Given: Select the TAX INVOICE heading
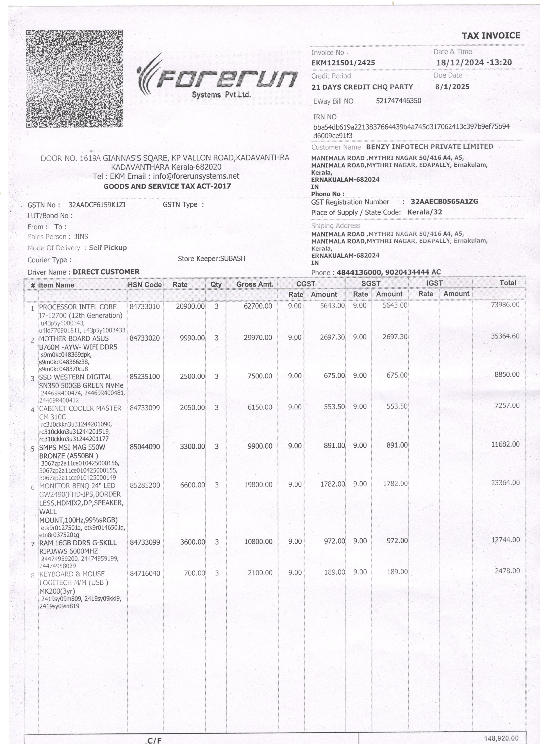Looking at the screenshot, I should click(x=491, y=36).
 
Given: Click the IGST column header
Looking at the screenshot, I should click(x=434, y=283).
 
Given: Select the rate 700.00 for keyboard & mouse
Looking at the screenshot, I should click(x=195, y=573).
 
